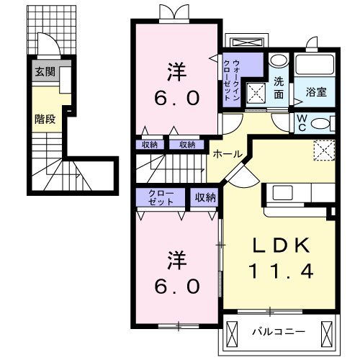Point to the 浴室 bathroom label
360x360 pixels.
(315, 91)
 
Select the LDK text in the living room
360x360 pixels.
(281, 245)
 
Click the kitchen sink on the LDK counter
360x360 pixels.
(282, 192)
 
